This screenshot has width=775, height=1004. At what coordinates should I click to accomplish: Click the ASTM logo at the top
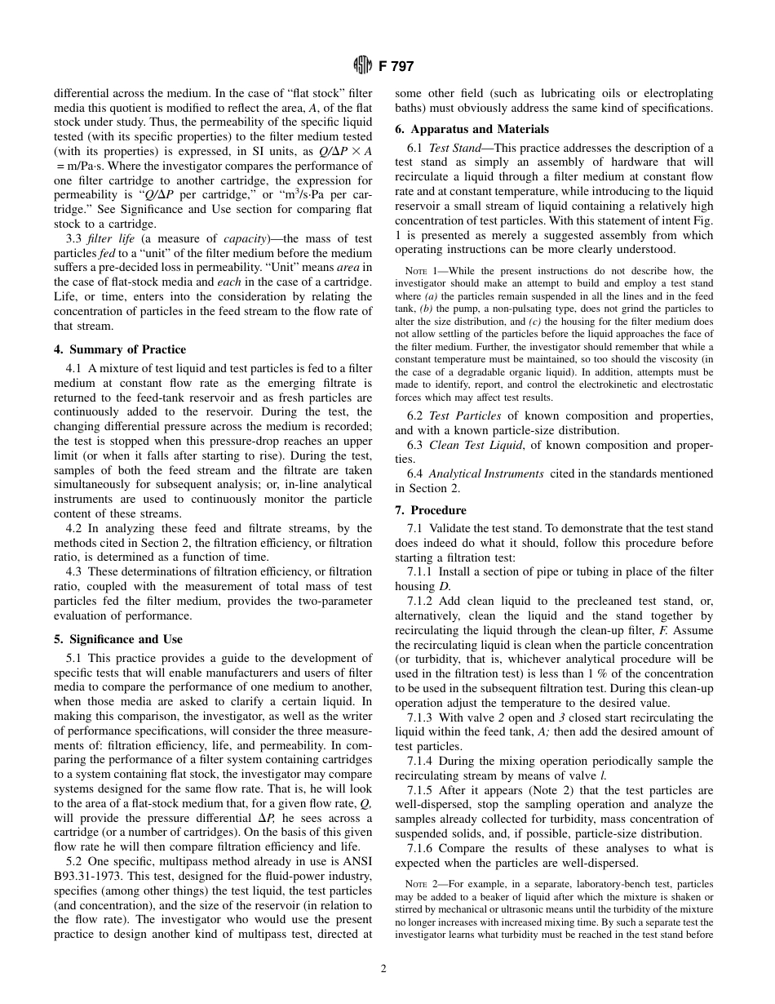[x=363, y=66]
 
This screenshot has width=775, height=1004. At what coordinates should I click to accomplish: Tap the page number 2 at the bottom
[x=383, y=969]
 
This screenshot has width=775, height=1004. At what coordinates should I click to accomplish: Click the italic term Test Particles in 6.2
[x=465, y=415]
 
